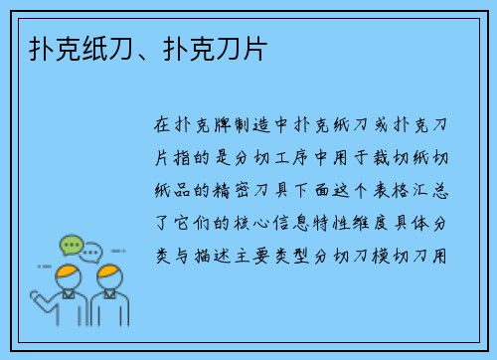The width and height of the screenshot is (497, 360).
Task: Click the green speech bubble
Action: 71,245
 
